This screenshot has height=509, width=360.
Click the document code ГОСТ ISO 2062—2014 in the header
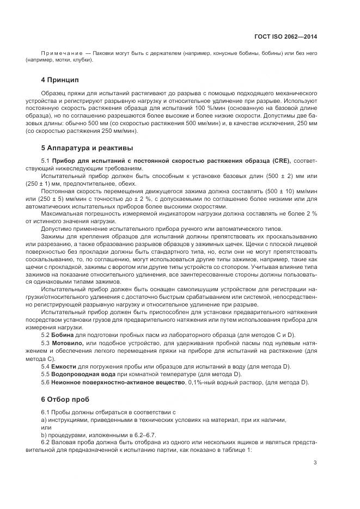click(285, 37)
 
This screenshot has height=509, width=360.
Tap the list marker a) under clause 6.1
click(44, 420)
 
